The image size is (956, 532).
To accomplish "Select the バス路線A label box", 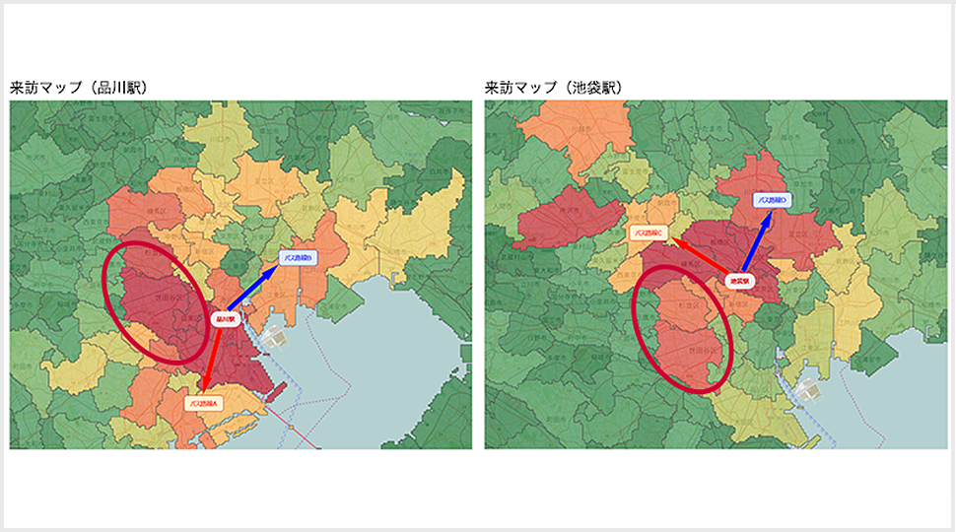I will click(x=205, y=402).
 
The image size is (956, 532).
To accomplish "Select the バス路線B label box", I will click(x=297, y=258).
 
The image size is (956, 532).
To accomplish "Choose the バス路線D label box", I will click(x=772, y=200).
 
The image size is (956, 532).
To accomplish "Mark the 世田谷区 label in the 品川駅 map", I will click(x=156, y=296).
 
